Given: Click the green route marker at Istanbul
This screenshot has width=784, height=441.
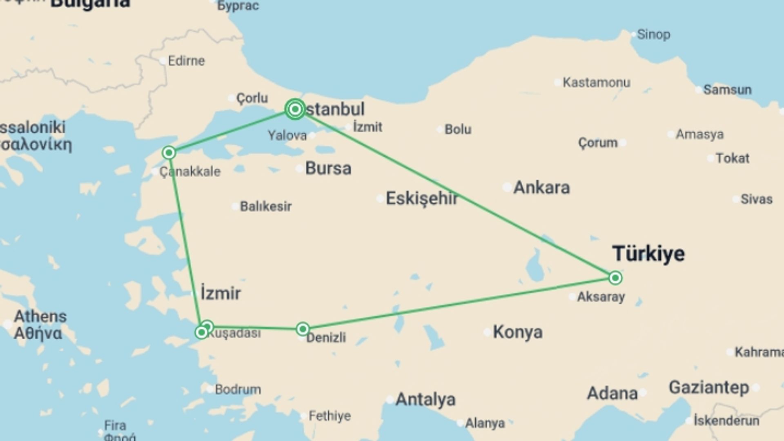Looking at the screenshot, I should pos(295,109).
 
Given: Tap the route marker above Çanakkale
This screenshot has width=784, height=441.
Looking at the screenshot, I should pos(169,153).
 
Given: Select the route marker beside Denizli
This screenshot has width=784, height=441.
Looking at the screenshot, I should pos(303,329).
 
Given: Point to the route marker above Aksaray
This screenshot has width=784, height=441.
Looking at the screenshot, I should pos(615,278).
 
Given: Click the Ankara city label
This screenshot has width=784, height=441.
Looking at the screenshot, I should pos(541,187).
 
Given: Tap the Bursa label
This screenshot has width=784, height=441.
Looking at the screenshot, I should pos(328,168).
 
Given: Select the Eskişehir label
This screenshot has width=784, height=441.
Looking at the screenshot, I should pos(422,198).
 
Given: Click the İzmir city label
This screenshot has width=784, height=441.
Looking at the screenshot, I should pos(220,293).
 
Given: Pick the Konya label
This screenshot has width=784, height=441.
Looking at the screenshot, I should pos(518,332).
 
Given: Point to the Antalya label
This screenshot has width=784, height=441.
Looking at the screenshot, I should pos(425,399).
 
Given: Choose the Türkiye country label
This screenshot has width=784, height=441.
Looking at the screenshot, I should pos(648,254).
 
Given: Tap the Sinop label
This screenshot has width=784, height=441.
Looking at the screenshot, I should pos(653,35).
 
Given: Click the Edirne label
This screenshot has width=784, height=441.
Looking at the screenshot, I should pos(186,61).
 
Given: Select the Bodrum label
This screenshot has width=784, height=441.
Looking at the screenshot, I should pos(238,389).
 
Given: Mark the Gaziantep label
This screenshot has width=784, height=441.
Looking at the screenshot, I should pos(709,388).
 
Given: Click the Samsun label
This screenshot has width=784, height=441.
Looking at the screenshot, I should pos(727,90).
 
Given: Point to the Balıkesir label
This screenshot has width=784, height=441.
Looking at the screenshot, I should pos(265,206).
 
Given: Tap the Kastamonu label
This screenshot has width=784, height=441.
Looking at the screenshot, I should pos(596,82).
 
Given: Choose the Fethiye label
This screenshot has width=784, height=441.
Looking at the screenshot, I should pos(330,416).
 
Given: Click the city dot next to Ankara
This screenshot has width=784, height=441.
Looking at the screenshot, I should pos(507,187).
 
